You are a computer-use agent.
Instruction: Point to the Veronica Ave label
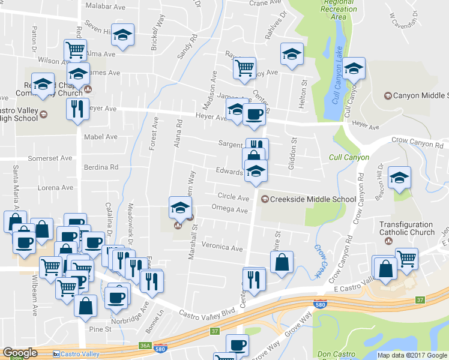tap(222, 247)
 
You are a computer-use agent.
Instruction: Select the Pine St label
tap(100, 329)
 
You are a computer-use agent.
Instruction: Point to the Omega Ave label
tap(229, 210)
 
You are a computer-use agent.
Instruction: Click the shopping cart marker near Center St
tap(244, 68)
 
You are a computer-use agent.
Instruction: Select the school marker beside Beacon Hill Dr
tap(399, 178)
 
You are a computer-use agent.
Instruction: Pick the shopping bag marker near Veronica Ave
tap(282, 262)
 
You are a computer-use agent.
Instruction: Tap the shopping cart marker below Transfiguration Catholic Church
tap(407, 259)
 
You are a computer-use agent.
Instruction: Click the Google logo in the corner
tap(20, 353)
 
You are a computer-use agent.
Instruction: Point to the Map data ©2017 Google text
tap(412, 355)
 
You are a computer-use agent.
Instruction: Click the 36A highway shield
tap(145, 346)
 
